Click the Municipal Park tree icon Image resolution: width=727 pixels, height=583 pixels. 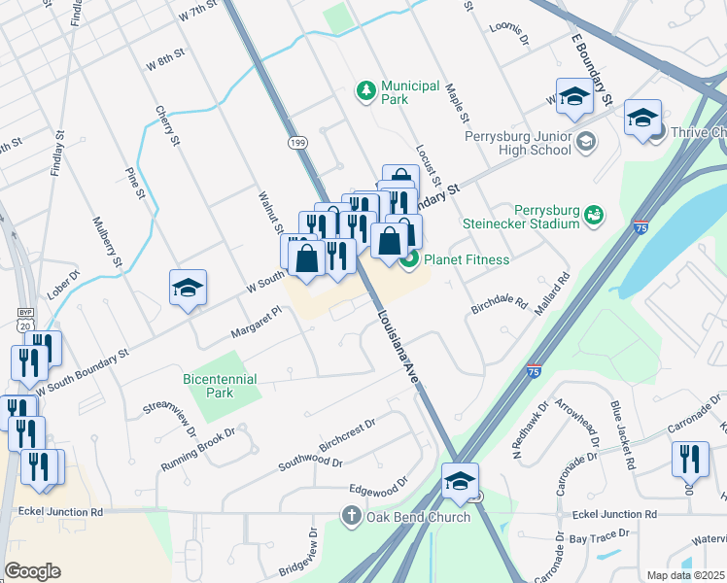pyautogui.click(x=366, y=91)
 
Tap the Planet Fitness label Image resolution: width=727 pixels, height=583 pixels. pyautogui.click(x=466, y=259)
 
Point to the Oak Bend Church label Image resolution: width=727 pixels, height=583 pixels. pyautogui.click(x=418, y=517)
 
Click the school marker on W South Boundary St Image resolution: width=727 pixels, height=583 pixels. pyautogui.click(x=189, y=288)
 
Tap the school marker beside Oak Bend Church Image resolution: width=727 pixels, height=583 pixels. pyautogui.click(x=460, y=480)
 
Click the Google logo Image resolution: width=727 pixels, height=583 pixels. pyautogui.click(x=32, y=571)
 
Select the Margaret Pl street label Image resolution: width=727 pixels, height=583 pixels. pyautogui.click(x=255, y=323)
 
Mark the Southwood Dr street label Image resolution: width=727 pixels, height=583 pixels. pyautogui.click(x=310, y=458)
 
